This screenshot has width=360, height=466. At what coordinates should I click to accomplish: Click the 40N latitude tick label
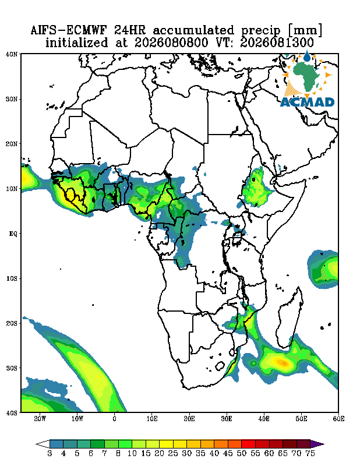(x=12, y=54)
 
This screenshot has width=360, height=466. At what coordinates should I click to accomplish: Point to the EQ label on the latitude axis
(x=13, y=234)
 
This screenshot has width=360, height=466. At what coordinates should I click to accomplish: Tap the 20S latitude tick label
(x=12, y=323)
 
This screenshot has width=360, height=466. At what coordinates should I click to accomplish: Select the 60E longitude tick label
(x=338, y=419)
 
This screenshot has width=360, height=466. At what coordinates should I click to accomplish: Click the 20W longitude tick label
(x=40, y=419)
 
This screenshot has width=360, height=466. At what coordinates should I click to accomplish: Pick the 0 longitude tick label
(x=114, y=419)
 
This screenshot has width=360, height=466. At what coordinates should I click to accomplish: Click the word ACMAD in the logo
(x=308, y=103)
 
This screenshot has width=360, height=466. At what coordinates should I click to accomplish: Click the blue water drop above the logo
(x=306, y=56)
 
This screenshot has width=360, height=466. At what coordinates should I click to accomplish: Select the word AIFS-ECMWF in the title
(x=69, y=30)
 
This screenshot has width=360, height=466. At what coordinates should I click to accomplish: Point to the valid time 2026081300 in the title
(x=277, y=43)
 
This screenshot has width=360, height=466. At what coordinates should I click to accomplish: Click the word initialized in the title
(x=77, y=43)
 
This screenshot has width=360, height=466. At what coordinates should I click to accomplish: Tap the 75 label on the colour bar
(x=310, y=454)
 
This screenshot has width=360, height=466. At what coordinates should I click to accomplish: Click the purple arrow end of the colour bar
(x=317, y=444)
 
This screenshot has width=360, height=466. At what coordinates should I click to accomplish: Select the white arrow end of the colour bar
(x=43, y=444)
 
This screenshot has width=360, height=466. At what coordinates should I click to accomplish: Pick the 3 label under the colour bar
(x=50, y=454)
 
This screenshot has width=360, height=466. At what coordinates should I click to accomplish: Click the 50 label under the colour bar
(x=241, y=454)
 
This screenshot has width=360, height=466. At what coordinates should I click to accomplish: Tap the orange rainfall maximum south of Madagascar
(x=282, y=362)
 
